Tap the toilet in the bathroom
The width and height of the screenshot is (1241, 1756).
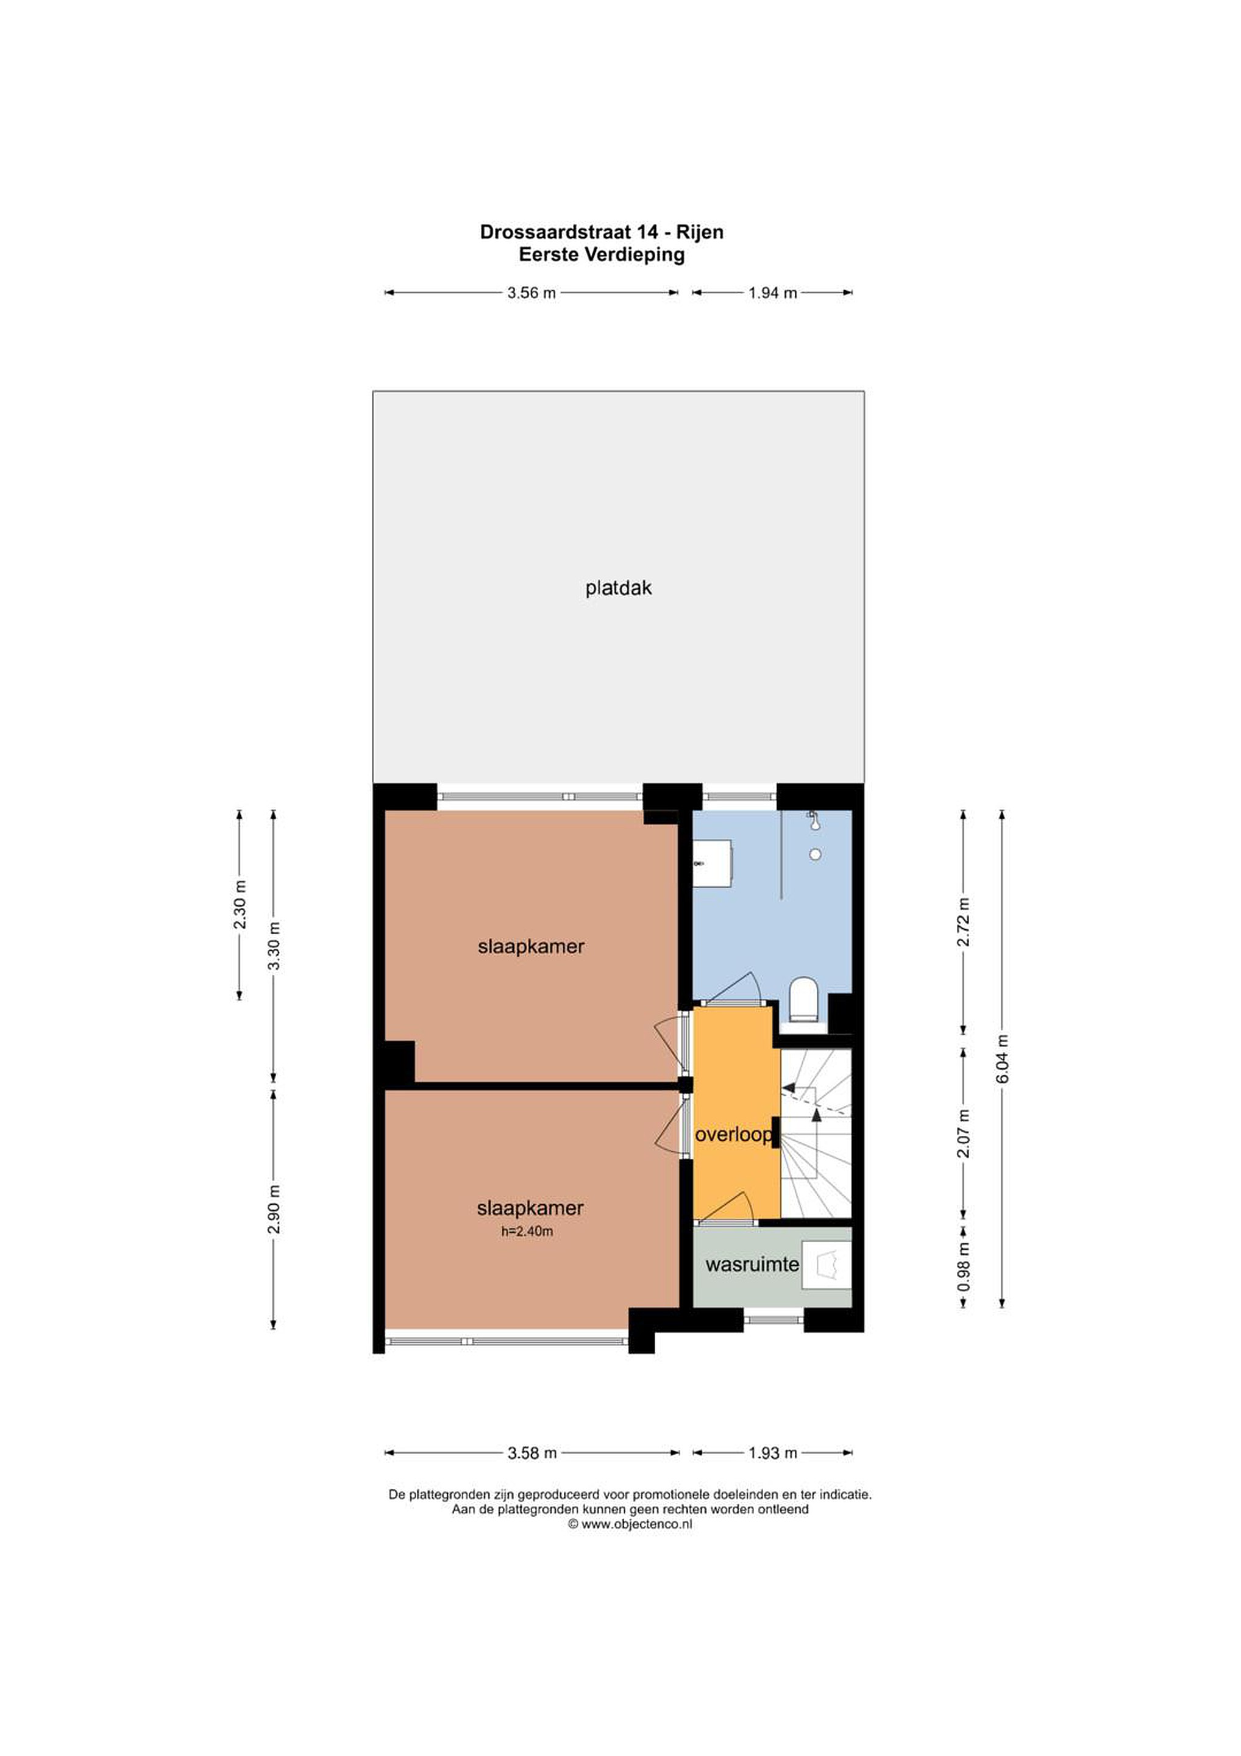[x=803, y=999]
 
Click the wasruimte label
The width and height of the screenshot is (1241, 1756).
[x=752, y=1264]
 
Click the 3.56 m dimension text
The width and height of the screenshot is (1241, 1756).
[x=532, y=292]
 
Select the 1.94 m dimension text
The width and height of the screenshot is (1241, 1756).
[x=772, y=292]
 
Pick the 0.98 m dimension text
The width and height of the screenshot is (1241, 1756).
[x=964, y=1266]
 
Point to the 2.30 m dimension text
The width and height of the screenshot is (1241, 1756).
[x=240, y=905]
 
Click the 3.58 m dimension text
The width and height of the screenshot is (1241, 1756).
[x=532, y=1453]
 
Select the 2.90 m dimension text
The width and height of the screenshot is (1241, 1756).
[x=274, y=1209]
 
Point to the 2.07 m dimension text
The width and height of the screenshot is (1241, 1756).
[x=964, y=1133]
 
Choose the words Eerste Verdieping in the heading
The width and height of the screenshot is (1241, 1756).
[x=601, y=255]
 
